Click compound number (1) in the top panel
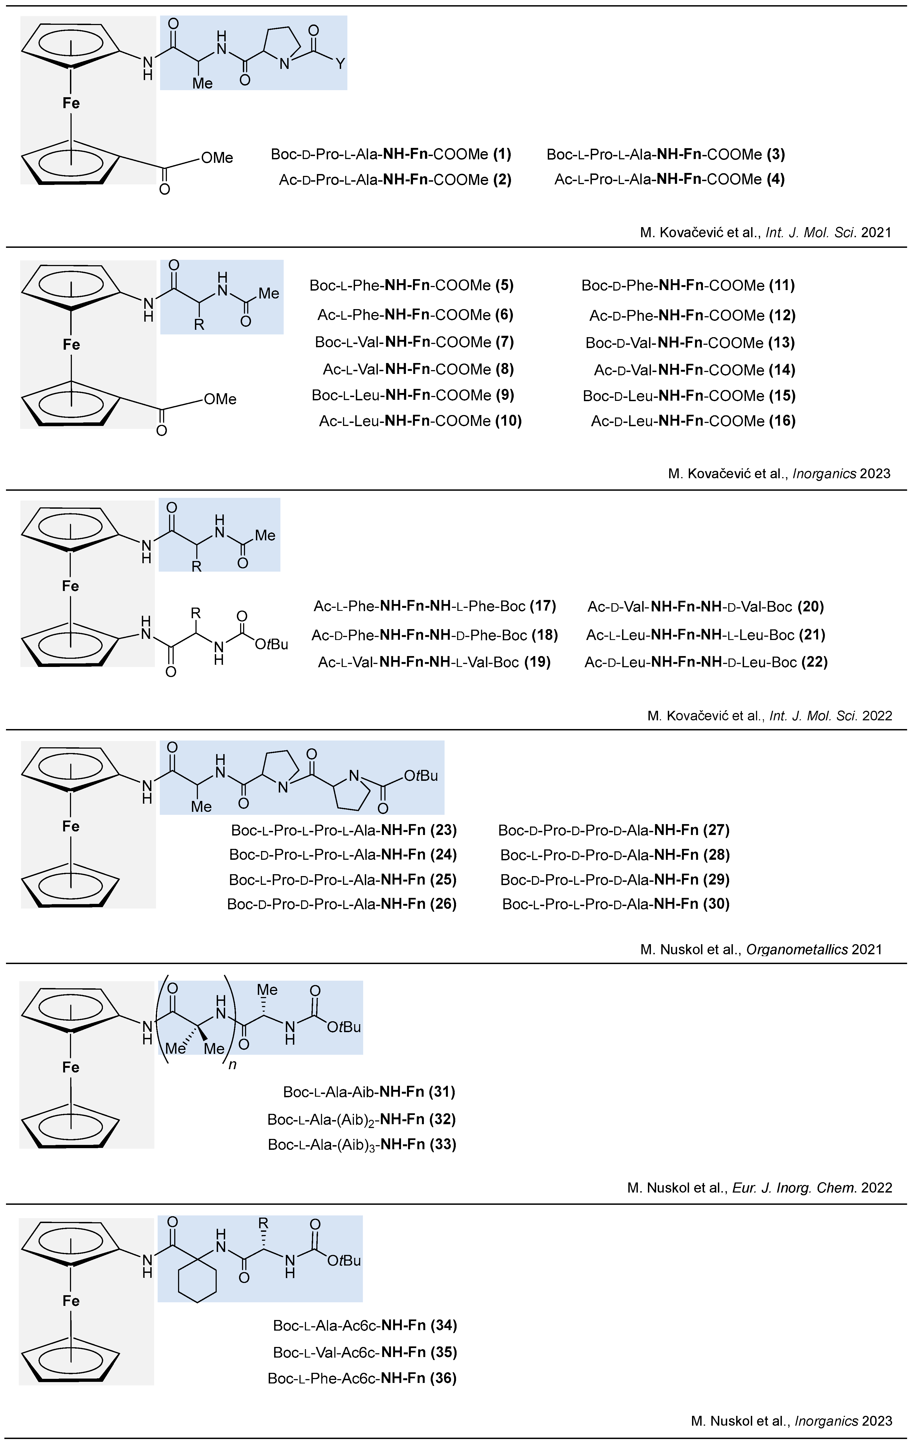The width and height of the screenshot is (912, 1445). tap(501, 154)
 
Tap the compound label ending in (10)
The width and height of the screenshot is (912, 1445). tap(420, 421)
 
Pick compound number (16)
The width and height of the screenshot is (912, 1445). tap(782, 421)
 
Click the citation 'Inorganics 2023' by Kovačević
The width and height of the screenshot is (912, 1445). tap(779, 474)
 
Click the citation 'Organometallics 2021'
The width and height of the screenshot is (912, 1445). tap(761, 949)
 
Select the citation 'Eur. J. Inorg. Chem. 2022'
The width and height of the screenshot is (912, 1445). tap(760, 1188)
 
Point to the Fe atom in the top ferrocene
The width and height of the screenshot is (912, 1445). tap(71, 103)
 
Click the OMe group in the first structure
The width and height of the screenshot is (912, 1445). tap(217, 158)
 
